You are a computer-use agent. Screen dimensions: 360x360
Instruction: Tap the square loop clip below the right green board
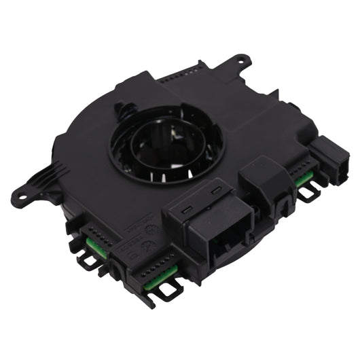pyautogui.click(x=306, y=193)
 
